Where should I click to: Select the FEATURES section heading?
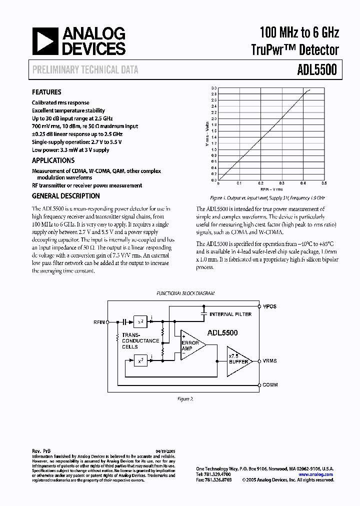coord(46,92)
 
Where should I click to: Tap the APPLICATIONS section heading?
coord(53,160)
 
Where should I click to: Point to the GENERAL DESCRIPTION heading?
coord(65,196)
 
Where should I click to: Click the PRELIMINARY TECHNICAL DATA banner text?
coord(85,70)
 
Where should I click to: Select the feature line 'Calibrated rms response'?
coord(60,103)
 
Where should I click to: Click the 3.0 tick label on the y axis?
coord(213,87)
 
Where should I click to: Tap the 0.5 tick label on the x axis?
coord(323,183)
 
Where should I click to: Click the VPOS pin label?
coord(270,306)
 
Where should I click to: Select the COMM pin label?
coord(270,385)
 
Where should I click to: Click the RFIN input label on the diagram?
coord(99,322)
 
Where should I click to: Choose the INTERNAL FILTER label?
coord(230,314)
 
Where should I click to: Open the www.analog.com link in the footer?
coord(315,474)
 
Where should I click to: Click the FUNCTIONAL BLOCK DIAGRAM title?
coord(185,293)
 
